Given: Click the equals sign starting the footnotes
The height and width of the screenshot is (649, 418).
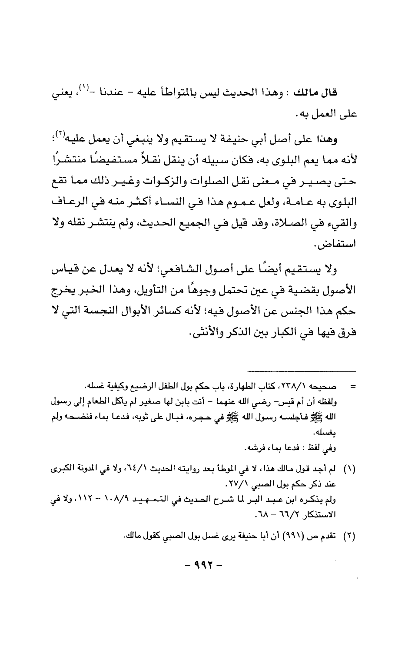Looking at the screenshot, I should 353,386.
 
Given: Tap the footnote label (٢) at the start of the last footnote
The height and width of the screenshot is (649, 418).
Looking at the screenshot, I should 350,536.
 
